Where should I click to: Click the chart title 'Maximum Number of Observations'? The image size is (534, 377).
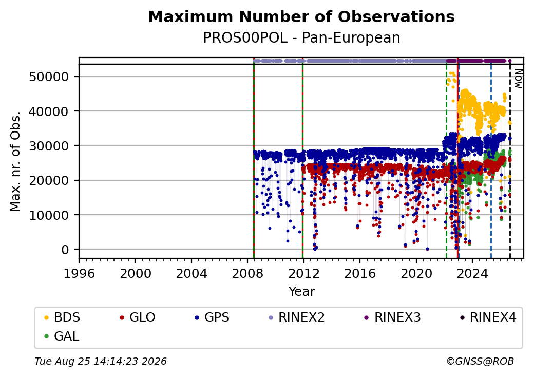point(301,16)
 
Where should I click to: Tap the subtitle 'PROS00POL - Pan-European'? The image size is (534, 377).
point(301,38)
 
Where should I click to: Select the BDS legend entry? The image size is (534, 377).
point(62,317)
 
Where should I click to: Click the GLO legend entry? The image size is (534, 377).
point(138,317)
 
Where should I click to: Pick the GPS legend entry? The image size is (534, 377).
point(212,317)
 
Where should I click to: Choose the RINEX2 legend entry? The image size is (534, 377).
point(297,317)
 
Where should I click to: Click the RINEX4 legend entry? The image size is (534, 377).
point(488,317)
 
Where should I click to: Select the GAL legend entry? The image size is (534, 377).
point(62,336)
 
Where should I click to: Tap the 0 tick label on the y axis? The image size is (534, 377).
point(65,250)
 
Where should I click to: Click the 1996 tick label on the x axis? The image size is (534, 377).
point(80,273)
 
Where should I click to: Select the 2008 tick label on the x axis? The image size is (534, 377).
point(247,273)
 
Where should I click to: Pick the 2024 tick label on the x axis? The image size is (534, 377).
point(472,273)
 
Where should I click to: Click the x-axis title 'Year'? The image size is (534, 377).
point(302,292)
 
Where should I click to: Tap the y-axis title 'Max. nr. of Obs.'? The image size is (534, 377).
point(15,161)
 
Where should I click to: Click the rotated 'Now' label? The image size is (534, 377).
point(518,79)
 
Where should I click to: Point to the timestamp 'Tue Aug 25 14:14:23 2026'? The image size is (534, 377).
point(101,361)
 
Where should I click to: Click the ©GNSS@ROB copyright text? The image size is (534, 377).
point(480,361)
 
